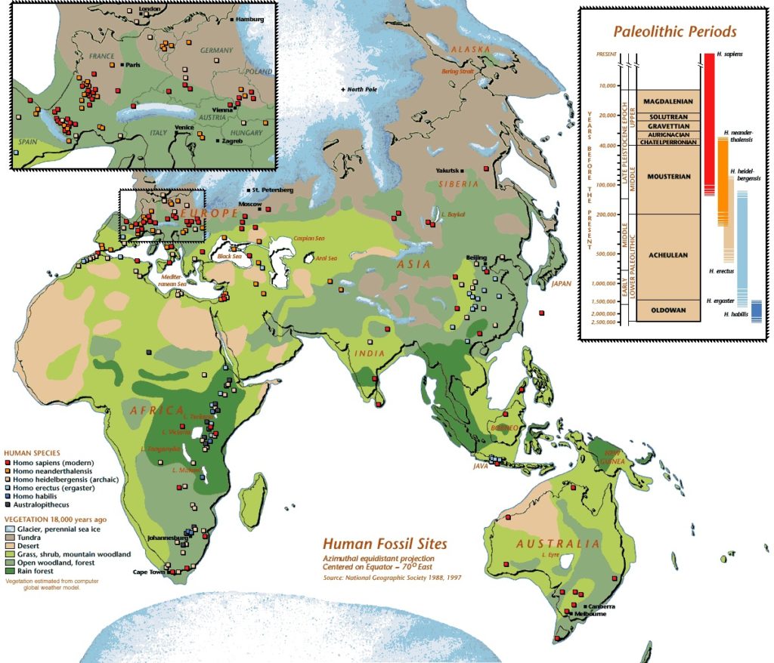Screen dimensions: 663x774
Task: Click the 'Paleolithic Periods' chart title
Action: (675, 32)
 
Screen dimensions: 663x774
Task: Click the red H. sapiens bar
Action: (709, 121)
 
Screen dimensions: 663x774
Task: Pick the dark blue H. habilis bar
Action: (756, 312)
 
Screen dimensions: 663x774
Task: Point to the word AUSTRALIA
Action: (557, 544)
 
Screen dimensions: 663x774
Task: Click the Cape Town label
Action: (151, 572)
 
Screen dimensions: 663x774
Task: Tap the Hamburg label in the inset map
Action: (250, 18)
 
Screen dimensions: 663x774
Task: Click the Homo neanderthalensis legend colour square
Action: (8, 470)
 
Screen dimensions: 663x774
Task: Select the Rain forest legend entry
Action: (35, 570)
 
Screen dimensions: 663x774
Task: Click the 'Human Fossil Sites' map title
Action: (385, 544)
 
